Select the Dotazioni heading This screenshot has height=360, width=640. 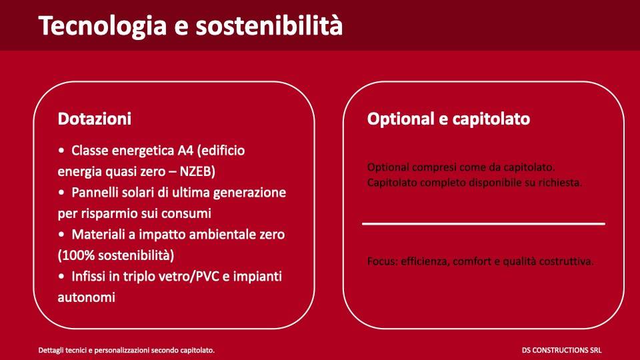(95, 119)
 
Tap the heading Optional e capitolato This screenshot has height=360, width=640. (449, 119)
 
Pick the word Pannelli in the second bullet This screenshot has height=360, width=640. (96, 193)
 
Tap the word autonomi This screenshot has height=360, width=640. (87, 297)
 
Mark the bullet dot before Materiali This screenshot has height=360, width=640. (62, 235)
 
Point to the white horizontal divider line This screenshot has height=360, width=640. (483, 224)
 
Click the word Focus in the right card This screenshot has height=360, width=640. (382, 261)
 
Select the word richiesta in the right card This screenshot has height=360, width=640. (561, 182)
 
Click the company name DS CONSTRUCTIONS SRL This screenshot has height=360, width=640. (562, 349)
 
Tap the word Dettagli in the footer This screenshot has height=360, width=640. (52, 349)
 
